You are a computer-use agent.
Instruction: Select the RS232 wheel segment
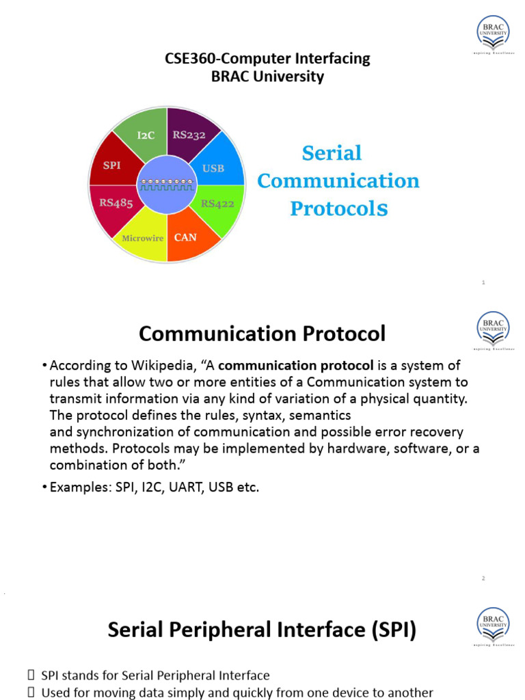(189, 135)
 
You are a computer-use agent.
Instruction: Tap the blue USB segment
(213, 167)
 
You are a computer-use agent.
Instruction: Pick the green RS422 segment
(217, 203)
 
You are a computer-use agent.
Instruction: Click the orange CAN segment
(185, 237)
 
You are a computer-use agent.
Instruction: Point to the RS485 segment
(116, 202)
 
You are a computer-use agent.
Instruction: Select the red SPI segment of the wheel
(112, 165)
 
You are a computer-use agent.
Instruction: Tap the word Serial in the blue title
(332, 153)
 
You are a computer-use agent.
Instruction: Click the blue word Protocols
(339, 208)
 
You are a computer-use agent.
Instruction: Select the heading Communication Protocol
(262, 334)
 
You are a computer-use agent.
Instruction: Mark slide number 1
(483, 282)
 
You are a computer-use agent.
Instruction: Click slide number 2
(483, 579)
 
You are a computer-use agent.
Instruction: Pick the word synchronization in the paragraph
(130, 432)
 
